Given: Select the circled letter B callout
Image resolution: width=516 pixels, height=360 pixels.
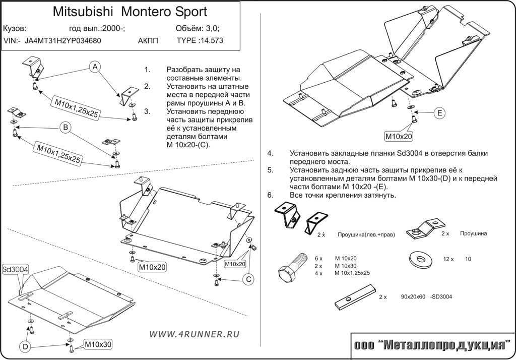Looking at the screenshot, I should tap(65, 128).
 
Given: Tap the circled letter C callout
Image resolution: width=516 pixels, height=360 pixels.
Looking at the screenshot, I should tap(248, 279).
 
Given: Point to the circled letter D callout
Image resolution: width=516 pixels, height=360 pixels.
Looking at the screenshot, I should tap(25, 346).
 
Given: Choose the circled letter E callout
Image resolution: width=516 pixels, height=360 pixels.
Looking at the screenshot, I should tap(439, 113).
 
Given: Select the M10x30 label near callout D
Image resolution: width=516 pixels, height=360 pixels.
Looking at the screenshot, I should tap(97, 344).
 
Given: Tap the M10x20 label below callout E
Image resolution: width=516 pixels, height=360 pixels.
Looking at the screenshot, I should tap(399, 136).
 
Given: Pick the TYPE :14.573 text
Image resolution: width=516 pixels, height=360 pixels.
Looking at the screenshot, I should tap(200, 41).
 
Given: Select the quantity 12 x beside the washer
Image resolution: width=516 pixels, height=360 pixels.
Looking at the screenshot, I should tap(448, 259).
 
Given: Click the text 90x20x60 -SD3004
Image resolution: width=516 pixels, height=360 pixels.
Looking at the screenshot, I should tap(426, 297).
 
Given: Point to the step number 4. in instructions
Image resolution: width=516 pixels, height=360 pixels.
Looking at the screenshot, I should tap(271, 153).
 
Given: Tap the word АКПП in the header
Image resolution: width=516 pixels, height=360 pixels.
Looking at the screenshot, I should tap(148, 41).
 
